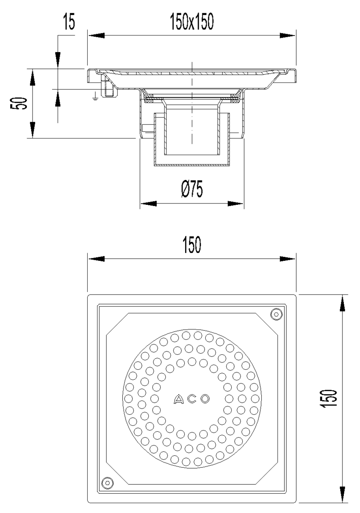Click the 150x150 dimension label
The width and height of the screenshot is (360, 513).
coord(192,21)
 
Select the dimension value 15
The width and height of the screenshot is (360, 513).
coord(69,22)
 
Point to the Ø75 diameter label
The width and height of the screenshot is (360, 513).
coord(192,189)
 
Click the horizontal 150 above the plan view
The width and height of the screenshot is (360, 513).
coord(192,245)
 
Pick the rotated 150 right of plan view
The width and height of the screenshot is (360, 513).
coord(328,398)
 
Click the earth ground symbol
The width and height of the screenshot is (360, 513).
coord(95,97)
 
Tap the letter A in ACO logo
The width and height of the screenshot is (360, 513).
coord(178,399)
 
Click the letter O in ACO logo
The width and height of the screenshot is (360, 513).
coord(205,399)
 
